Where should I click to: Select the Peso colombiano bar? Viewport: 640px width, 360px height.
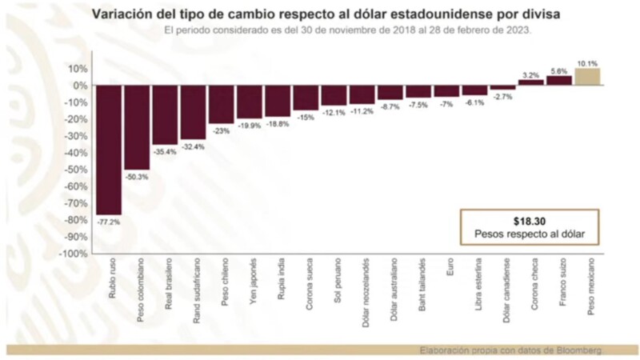(x=137, y=127)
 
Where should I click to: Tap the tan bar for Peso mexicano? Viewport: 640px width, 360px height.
(x=587, y=77)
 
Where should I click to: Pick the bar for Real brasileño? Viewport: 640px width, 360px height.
(x=165, y=114)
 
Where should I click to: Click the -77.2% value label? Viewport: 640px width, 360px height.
(x=109, y=222)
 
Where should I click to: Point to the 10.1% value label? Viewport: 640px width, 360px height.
(x=587, y=62)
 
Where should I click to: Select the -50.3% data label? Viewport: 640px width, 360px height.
(x=137, y=177)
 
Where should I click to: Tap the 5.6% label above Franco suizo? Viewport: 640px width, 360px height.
(x=559, y=71)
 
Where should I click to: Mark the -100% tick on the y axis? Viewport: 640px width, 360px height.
(x=74, y=254)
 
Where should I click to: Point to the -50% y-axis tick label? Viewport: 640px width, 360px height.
(x=77, y=170)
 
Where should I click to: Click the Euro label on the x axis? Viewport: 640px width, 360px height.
(x=447, y=268)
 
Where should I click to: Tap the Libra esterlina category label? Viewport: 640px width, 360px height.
(x=475, y=281)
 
